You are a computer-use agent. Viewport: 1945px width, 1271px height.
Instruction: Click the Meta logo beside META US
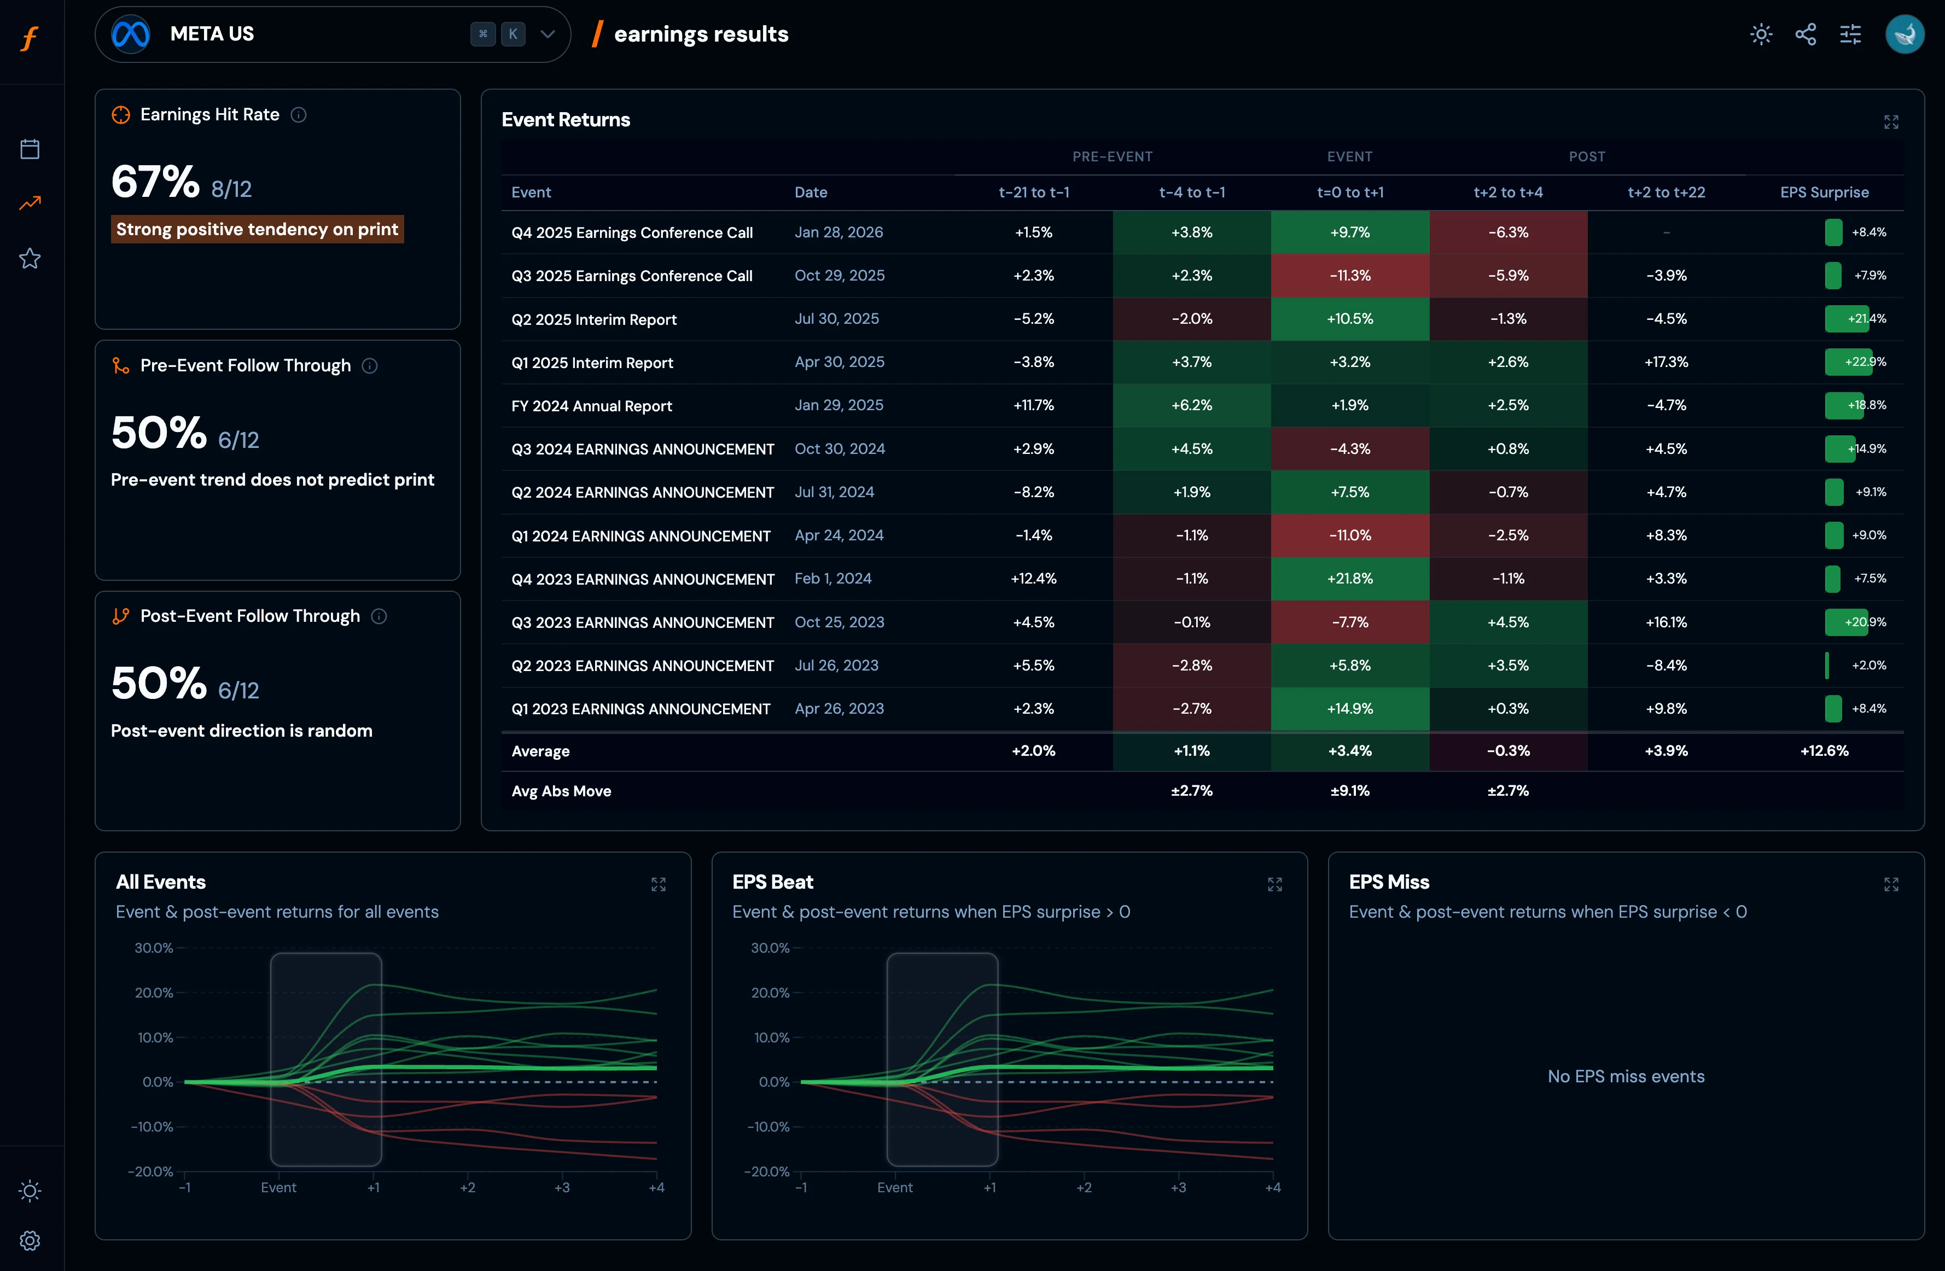click(x=131, y=34)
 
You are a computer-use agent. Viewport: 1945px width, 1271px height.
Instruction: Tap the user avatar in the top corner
click(x=1904, y=34)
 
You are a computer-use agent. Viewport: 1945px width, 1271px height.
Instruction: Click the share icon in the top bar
click(x=1806, y=34)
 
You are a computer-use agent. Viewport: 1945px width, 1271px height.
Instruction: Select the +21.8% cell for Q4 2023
click(x=1349, y=579)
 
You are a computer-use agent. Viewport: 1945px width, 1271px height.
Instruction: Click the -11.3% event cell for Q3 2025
click(x=1349, y=276)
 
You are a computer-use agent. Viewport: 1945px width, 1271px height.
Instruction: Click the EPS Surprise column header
click(x=1824, y=192)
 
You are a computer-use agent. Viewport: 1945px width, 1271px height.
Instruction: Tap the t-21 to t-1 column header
click(x=1034, y=192)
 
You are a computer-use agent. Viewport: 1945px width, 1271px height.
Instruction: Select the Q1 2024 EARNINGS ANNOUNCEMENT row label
click(x=640, y=536)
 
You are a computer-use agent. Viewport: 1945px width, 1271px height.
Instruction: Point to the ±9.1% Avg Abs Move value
click(x=1349, y=790)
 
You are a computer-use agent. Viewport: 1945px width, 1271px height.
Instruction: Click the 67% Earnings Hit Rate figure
click(x=155, y=182)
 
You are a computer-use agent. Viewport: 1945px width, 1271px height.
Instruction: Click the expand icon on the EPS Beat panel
click(x=1274, y=884)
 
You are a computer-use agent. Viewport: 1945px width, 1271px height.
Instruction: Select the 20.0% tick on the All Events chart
click(x=154, y=992)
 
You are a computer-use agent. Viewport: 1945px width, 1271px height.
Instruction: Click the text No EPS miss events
click(x=1626, y=1076)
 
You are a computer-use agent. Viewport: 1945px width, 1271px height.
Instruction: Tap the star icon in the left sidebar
click(x=30, y=258)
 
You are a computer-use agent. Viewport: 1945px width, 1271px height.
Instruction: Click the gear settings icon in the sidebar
click(x=30, y=1240)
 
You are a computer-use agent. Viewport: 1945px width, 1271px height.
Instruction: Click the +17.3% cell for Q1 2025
click(x=1666, y=362)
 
